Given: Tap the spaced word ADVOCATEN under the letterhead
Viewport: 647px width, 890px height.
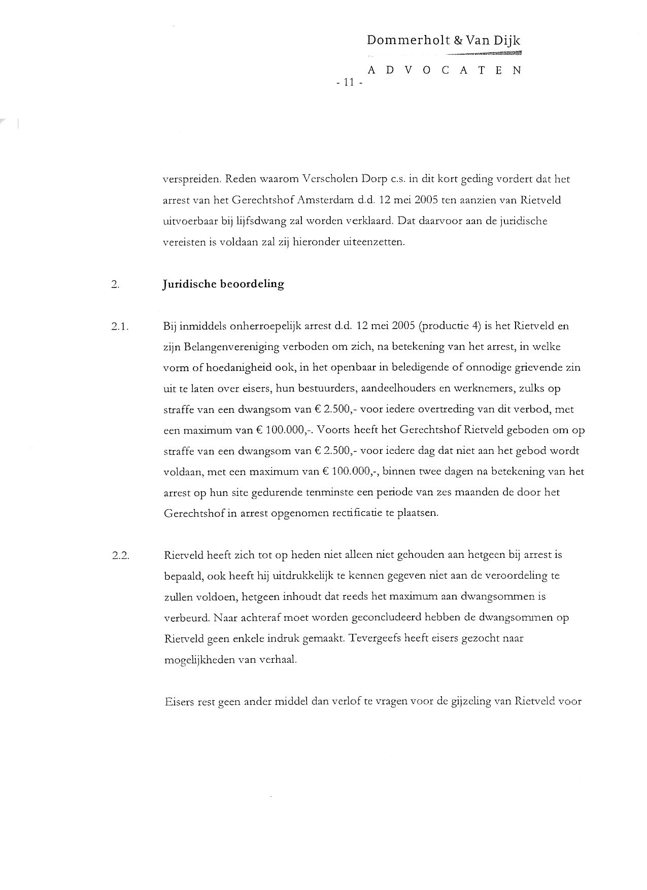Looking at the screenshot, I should [x=444, y=70].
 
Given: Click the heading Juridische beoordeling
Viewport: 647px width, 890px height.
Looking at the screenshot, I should [x=223, y=284].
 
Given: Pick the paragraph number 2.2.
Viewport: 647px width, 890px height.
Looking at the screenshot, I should [x=120, y=555].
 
